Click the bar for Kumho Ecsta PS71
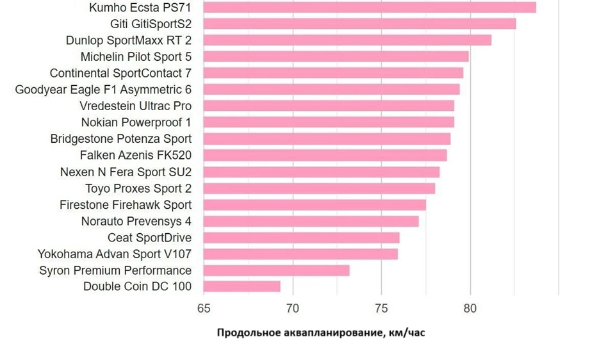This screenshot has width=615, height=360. pyautogui.click(x=370, y=7)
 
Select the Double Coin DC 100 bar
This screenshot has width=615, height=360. pyautogui.click(x=242, y=286)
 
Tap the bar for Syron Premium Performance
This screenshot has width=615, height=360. pyautogui.click(x=277, y=270)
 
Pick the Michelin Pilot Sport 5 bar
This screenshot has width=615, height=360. pyautogui.click(x=336, y=56)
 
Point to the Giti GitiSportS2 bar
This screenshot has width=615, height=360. pyautogui.click(x=360, y=24)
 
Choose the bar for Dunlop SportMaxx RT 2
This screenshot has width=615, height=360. pyautogui.click(x=348, y=40)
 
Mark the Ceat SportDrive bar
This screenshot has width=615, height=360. pyautogui.click(x=302, y=238)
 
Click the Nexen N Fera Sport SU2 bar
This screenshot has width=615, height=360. pyautogui.click(x=322, y=172)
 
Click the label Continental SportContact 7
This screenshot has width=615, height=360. pyautogui.click(x=120, y=73)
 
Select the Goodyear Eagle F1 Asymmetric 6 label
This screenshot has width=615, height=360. pyautogui.click(x=103, y=89)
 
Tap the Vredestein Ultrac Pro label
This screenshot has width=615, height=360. pyautogui.click(x=135, y=106)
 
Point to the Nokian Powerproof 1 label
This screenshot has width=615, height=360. pyautogui.click(x=136, y=122)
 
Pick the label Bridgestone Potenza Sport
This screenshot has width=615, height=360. pyautogui.click(x=120, y=138)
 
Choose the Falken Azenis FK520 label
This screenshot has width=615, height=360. pyautogui.click(x=135, y=155)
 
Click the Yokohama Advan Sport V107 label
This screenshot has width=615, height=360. pyautogui.click(x=114, y=254)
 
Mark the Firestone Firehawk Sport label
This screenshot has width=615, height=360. pyautogui.click(x=126, y=204)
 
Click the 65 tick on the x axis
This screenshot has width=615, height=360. pyautogui.click(x=204, y=308)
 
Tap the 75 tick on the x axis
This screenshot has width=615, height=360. pyautogui.click(x=381, y=308)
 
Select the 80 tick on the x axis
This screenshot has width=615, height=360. pyautogui.click(x=470, y=308)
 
